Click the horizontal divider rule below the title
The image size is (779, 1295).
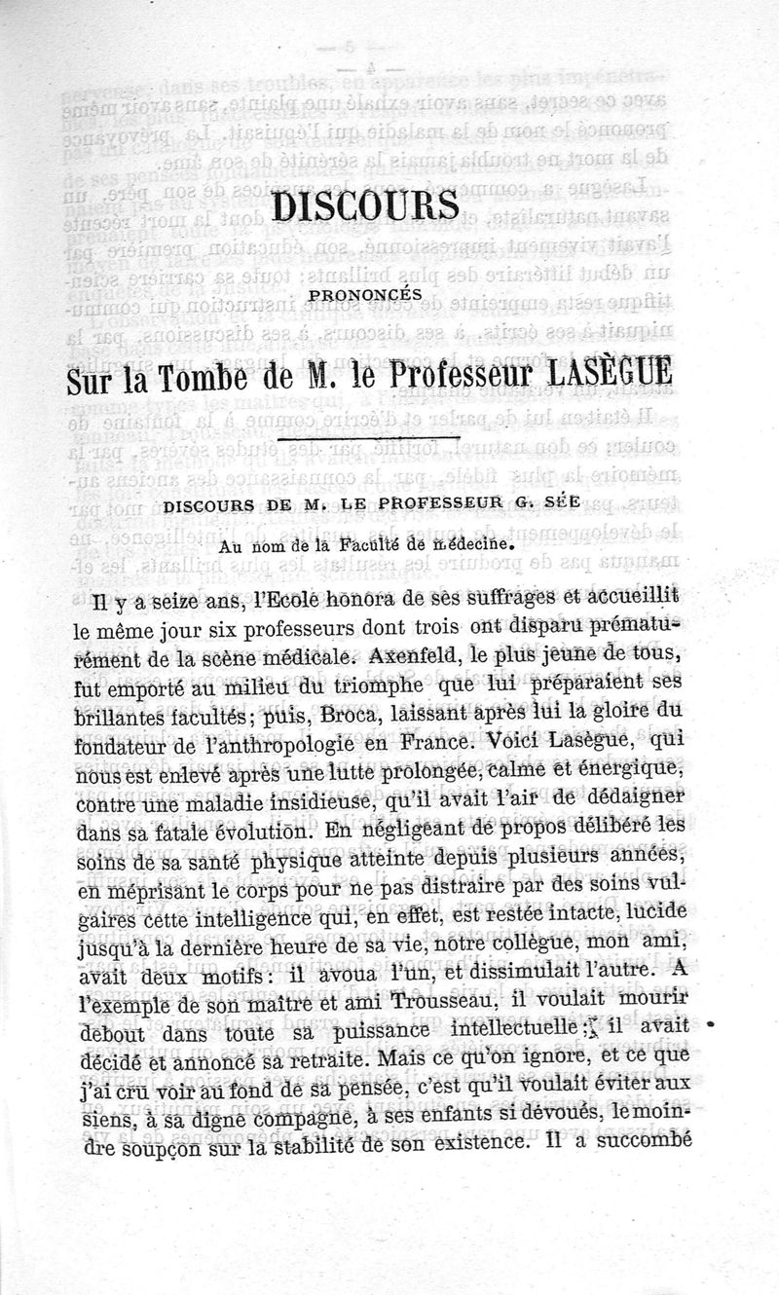pos(367,446)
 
